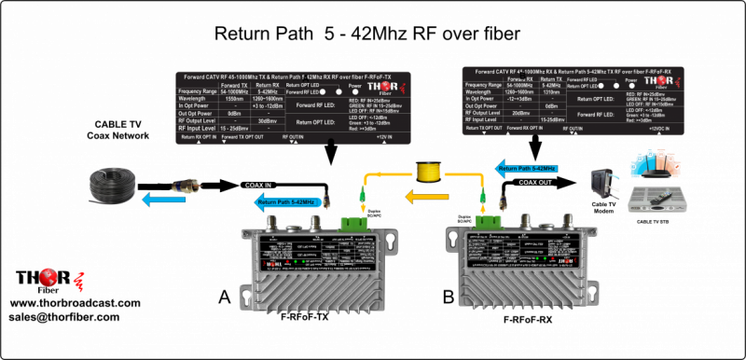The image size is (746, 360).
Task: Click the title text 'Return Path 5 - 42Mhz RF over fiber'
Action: tap(366, 35)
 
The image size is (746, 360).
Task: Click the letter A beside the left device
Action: tap(225, 296)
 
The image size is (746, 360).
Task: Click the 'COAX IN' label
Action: tap(264, 185)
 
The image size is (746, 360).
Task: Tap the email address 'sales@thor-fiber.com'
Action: tap(68, 317)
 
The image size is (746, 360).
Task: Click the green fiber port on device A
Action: tap(354, 222)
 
